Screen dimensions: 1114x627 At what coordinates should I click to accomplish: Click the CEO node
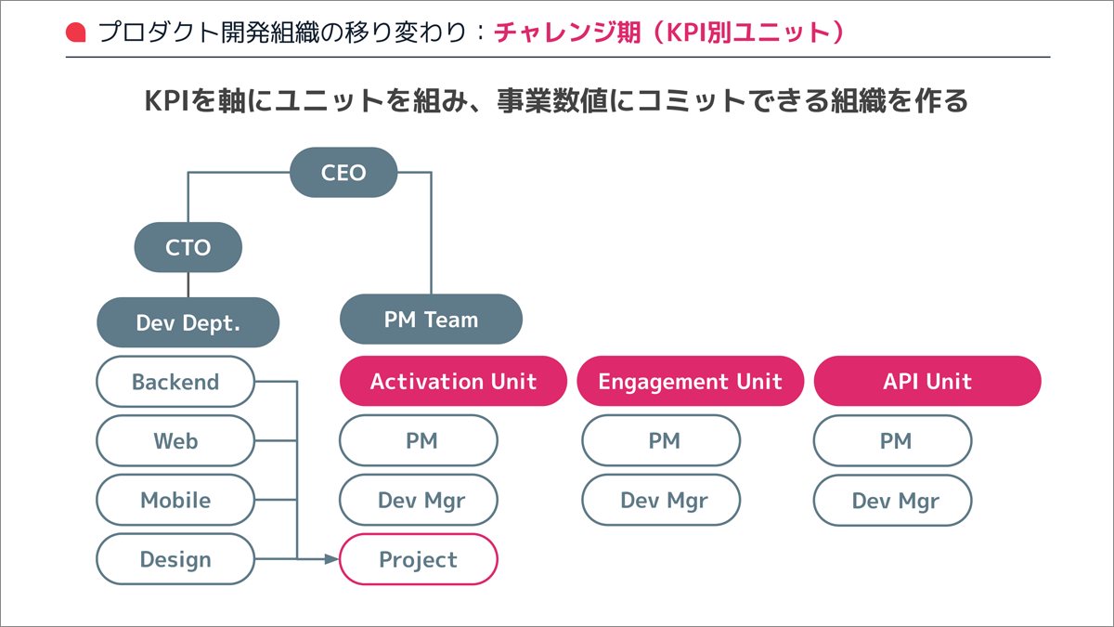343,172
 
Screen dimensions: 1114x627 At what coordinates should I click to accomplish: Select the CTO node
188,247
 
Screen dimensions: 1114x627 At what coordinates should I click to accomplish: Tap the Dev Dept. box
188,322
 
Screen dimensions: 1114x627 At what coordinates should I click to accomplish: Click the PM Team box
431,319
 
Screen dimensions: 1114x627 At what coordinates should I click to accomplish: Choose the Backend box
175,382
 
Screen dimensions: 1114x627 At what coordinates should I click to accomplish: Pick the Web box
175,441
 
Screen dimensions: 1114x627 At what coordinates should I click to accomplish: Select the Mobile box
175,500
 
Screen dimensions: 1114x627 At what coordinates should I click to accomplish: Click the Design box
175,559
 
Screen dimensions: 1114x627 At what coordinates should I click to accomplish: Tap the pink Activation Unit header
453,381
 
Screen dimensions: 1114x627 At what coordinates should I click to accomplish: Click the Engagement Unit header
691,381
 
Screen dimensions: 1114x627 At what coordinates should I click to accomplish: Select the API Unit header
927,381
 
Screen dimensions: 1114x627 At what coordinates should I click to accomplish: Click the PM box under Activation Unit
419,441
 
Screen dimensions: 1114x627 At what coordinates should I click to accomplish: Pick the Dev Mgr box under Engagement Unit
661,500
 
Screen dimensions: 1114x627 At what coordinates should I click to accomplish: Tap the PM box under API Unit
893,441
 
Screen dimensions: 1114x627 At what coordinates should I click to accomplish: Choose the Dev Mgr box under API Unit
893,500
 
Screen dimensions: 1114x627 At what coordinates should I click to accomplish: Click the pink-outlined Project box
419,559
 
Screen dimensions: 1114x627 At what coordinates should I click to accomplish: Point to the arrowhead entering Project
331,559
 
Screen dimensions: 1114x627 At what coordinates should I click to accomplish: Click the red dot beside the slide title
75,33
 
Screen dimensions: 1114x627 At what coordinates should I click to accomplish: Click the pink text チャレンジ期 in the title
567,33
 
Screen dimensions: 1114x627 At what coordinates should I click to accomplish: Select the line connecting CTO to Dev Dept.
188,284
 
